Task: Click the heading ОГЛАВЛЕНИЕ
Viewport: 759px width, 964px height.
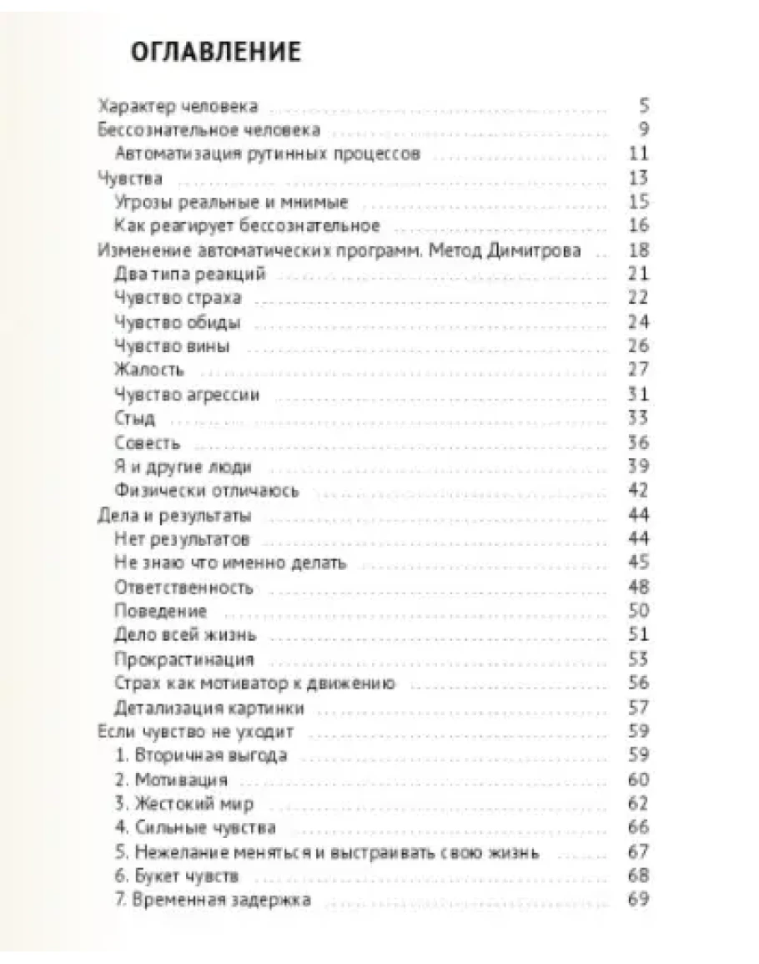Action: (x=216, y=52)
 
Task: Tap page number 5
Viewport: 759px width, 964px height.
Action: (x=644, y=106)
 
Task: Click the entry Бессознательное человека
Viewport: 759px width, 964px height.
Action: (x=209, y=130)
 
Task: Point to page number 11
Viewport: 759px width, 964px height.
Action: (x=640, y=154)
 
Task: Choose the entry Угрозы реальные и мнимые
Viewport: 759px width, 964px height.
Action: (x=230, y=202)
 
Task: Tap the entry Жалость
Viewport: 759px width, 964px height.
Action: (x=148, y=370)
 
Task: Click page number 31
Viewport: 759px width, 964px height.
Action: (x=640, y=394)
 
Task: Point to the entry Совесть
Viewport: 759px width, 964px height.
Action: (x=147, y=443)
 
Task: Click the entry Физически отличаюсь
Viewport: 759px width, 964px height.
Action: (x=205, y=491)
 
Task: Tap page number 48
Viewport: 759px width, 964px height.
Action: (x=639, y=587)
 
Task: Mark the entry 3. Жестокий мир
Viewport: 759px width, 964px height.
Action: (x=183, y=805)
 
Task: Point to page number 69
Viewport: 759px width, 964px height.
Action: (x=639, y=900)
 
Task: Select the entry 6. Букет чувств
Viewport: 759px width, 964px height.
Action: (x=177, y=876)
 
